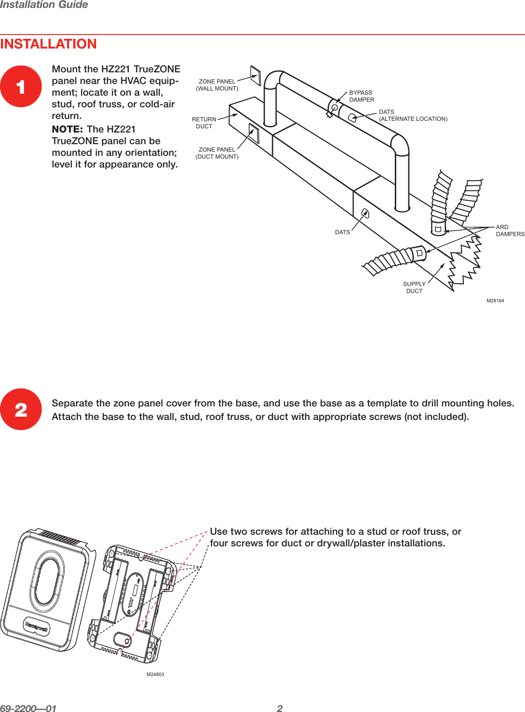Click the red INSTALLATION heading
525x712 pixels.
(49, 44)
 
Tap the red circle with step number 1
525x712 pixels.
(21, 87)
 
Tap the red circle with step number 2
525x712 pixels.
(21, 410)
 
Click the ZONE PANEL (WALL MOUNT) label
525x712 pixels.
(217, 85)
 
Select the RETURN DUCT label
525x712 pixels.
(204, 123)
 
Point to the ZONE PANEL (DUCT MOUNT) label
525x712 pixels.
(217, 153)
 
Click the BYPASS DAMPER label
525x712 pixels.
(362, 96)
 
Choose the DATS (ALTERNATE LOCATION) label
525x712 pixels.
(413, 115)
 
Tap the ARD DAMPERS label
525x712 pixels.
(510, 230)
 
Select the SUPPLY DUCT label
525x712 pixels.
(414, 287)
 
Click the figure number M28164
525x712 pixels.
(495, 301)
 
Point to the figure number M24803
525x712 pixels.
(155, 674)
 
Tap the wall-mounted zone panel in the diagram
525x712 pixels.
(256, 75)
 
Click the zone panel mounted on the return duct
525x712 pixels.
(254, 133)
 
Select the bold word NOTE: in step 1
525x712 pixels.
(68, 129)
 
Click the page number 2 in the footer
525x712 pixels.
(280, 708)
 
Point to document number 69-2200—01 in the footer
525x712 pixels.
(28, 708)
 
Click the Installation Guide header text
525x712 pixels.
(44, 5)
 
